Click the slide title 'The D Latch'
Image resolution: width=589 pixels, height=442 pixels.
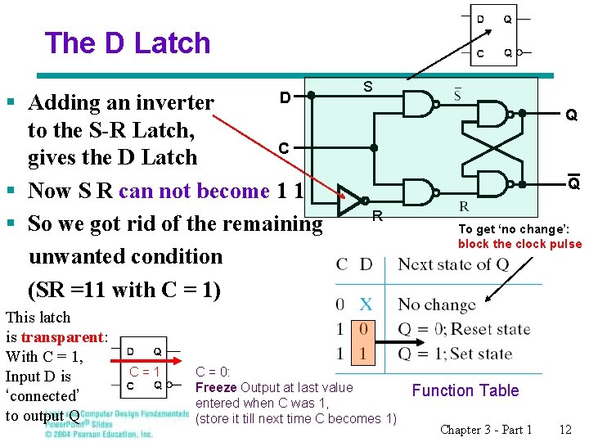[128, 43]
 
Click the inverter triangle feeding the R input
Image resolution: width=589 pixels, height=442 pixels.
[351, 197]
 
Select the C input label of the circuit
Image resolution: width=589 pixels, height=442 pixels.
[283, 148]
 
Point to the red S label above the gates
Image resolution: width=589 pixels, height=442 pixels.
[367, 86]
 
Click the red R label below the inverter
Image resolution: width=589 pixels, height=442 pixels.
[377, 217]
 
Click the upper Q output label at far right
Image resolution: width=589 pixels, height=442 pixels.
[572, 115]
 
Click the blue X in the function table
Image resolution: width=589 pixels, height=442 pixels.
[366, 304]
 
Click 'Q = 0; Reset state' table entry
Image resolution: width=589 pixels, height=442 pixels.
[464, 330]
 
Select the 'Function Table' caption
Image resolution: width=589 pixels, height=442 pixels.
[465, 390]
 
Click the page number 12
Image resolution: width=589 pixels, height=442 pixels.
[565, 429]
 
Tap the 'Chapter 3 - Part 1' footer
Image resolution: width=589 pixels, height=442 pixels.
[486, 429]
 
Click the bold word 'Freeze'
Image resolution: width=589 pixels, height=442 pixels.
[216, 387]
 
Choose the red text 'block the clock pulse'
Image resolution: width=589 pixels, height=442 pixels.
[519, 244]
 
